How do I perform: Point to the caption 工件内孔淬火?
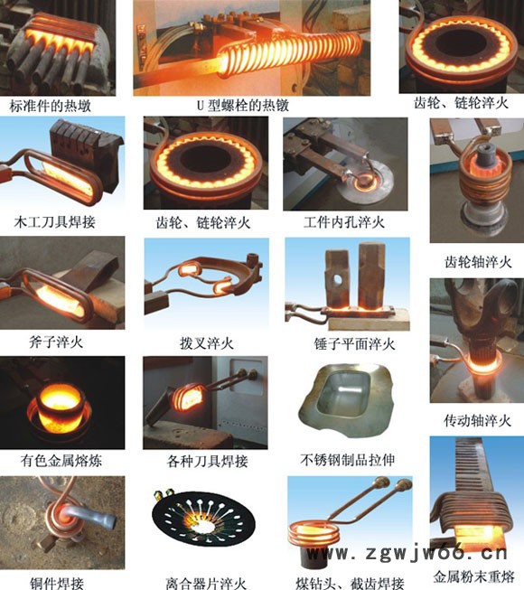341,220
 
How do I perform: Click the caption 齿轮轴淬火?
478,262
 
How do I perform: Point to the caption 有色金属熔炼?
61,461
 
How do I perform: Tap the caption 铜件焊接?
56,580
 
